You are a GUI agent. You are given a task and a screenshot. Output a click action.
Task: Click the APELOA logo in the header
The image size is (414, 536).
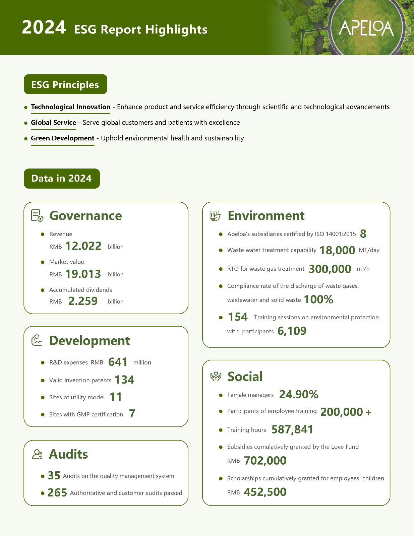pyautogui.click(x=366, y=28)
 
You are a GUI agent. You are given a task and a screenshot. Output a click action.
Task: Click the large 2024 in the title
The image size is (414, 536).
pyautogui.click(x=44, y=27)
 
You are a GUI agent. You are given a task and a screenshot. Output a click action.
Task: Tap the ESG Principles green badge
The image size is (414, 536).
pyautogui.click(x=65, y=84)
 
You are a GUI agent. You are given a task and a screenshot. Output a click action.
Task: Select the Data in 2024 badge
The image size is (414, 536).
pyautogui.click(x=62, y=178)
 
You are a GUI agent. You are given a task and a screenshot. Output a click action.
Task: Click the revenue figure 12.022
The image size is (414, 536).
pyautogui.click(x=83, y=246)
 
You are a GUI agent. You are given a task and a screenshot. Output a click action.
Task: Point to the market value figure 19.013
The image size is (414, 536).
pyautogui.click(x=83, y=274)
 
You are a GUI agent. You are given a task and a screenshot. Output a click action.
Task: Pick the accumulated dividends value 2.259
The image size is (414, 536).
pyautogui.click(x=83, y=301)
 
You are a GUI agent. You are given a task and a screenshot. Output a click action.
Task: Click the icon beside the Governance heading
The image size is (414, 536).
pyautogui.click(x=37, y=215)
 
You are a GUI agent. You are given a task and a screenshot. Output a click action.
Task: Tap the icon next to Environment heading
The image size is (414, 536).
pyautogui.click(x=215, y=215)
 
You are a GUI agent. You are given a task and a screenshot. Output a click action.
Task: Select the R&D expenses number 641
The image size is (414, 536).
pyautogui.click(x=118, y=362)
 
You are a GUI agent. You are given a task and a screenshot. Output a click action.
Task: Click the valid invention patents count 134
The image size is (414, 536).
pyautogui.click(x=124, y=380)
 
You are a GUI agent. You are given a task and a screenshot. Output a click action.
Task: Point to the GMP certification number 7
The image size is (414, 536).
pyautogui.click(x=132, y=414)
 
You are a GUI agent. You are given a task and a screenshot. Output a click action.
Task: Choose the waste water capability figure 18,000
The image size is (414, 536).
pyautogui.click(x=337, y=250)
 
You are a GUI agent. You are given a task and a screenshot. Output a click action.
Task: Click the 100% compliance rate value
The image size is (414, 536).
pyautogui.click(x=318, y=299)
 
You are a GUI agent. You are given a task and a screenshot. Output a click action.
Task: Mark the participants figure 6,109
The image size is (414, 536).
pyautogui.click(x=292, y=331)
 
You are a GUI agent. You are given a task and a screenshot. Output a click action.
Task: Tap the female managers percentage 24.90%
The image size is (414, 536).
pyautogui.click(x=299, y=395)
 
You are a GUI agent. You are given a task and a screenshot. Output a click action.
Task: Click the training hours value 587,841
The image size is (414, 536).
pyautogui.click(x=292, y=429)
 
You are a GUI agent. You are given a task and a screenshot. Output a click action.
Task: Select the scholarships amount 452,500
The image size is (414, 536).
pyautogui.click(x=265, y=492)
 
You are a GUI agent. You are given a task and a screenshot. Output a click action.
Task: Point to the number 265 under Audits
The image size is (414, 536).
pyautogui.click(x=57, y=493)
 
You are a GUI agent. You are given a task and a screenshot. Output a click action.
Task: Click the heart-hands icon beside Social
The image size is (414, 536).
pyautogui.click(x=216, y=377)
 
